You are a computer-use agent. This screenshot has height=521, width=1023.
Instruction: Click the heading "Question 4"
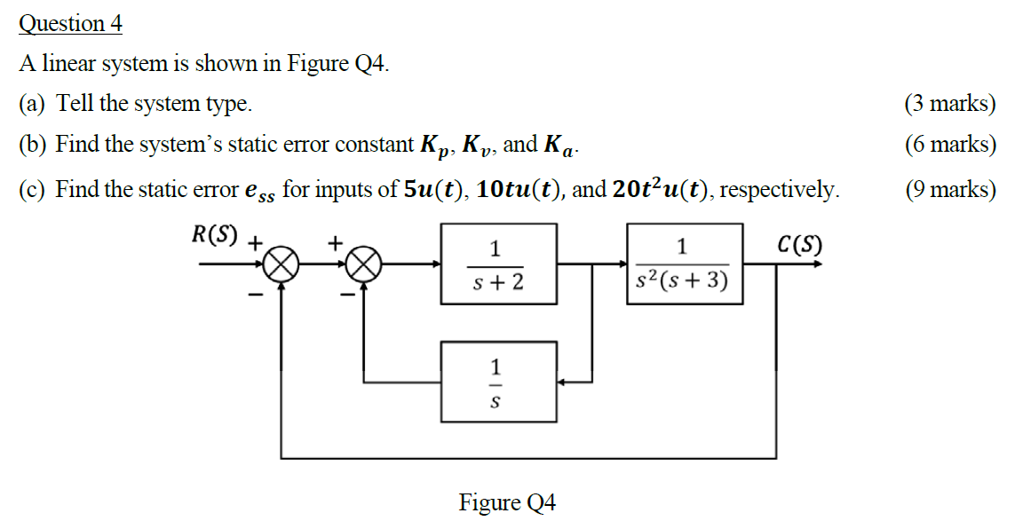pos(70,24)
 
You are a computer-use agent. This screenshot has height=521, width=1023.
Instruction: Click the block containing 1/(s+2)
pos(498,264)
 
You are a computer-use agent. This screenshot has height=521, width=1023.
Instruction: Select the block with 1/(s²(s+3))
pos(684,264)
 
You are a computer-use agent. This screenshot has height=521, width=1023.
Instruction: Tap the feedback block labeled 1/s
pos(498,382)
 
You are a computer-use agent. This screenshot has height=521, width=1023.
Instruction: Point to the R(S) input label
pos(215,235)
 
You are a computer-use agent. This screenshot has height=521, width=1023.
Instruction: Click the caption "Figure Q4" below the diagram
pos(507,502)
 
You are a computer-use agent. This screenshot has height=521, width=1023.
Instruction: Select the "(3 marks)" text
pos(949,104)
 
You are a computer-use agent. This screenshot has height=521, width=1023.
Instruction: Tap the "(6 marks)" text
pos(949,145)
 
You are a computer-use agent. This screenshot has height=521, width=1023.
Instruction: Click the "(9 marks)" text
pos(949,189)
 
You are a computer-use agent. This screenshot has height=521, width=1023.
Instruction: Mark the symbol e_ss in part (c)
pos(258,191)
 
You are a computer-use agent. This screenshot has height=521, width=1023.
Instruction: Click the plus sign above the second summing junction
pos(337,241)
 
